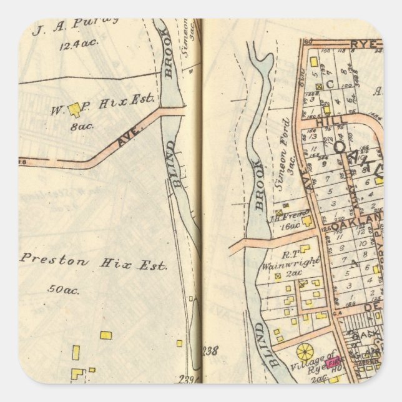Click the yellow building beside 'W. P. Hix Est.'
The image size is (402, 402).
75,110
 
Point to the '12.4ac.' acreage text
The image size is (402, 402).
73,45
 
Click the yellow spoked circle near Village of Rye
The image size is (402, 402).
305,351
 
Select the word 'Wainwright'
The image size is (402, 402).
285,263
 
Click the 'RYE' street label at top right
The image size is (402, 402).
365,44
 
